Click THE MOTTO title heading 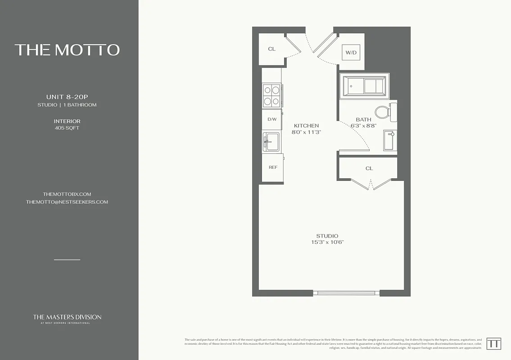(67, 49)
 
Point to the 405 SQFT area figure (67, 128)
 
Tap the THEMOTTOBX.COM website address (67, 194)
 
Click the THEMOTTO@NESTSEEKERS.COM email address (67, 202)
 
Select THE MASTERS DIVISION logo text (67, 317)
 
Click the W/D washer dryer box (351, 53)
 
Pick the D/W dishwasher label (272, 119)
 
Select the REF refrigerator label (273, 167)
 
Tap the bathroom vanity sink (390, 140)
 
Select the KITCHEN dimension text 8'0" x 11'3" (306, 133)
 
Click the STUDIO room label (327, 236)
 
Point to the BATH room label (363, 120)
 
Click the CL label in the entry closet (271, 49)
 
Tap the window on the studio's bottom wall (346, 293)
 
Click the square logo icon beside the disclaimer (493, 343)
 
